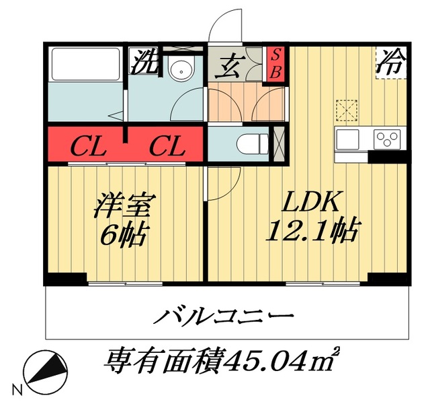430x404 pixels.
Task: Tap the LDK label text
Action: tap(312, 201)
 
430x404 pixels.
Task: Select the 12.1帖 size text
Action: tap(312, 232)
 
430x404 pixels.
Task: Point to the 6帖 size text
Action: tap(125, 235)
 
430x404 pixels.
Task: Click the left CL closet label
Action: tap(87, 146)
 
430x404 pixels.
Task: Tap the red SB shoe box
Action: tap(275, 63)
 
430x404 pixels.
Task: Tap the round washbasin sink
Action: tap(179, 69)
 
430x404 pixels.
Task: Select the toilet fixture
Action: tap(253, 142)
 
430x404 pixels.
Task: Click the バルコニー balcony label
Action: tap(226, 316)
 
